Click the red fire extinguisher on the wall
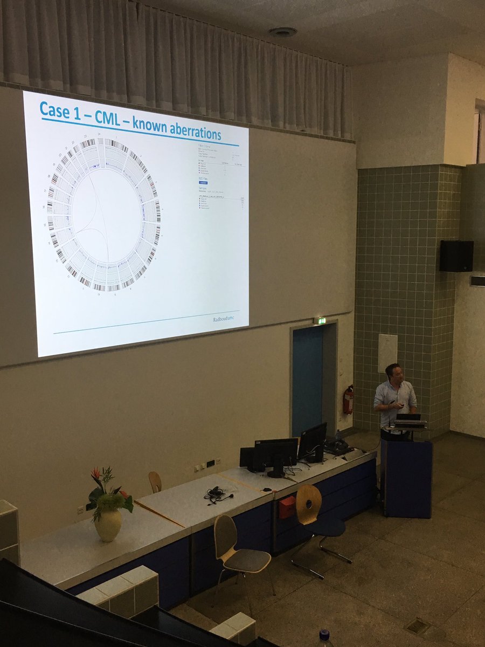(348, 400)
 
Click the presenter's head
(393, 373)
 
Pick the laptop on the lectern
(408, 418)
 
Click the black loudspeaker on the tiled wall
(456, 256)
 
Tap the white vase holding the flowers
(108, 525)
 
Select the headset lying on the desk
(217, 493)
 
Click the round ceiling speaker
(282, 32)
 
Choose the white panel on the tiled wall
(387, 353)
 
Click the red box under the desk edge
(287, 507)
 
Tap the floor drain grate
(417, 625)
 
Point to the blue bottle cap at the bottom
(324, 635)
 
